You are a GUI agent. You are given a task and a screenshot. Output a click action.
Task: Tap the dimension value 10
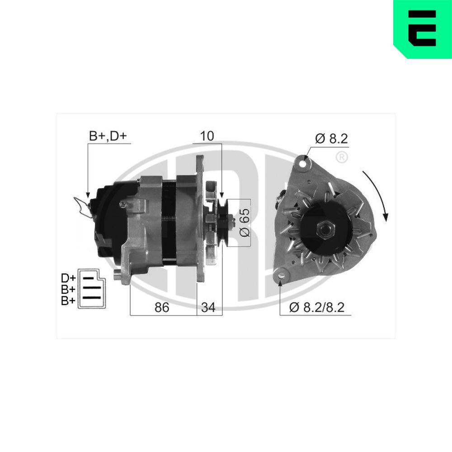207,136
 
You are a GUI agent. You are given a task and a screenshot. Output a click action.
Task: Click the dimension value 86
162,307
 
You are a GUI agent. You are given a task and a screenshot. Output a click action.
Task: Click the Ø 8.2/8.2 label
317,307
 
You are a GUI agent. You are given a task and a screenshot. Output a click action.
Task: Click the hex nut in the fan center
325,229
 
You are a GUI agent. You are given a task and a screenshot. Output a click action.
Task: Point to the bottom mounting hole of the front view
281,273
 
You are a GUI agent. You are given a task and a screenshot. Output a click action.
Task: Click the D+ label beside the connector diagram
68,278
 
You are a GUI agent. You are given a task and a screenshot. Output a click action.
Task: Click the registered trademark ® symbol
342,157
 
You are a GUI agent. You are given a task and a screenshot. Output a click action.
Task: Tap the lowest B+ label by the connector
68,300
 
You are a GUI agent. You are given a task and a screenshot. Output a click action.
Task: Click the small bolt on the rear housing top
122,204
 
